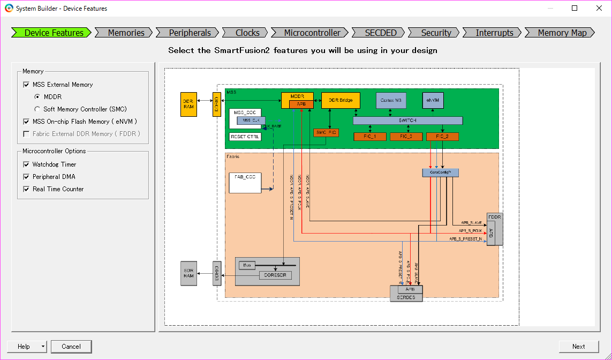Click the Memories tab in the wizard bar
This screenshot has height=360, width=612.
tap(126, 33)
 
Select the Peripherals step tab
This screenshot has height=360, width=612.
tap(190, 33)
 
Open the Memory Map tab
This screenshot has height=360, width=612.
tap(562, 33)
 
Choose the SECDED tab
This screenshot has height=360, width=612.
tap(381, 33)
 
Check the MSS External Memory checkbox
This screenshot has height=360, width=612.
tap(26, 85)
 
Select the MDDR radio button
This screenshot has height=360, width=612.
tap(37, 97)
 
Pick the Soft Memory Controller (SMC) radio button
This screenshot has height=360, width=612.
tap(37, 109)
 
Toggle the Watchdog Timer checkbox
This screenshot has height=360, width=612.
tap(26, 164)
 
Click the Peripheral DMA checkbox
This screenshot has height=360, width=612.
tap(26, 177)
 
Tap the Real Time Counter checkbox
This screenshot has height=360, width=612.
tap(26, 189)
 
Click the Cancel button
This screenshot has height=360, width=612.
tap(71, 347)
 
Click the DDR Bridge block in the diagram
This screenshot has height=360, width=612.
tap(341, 100)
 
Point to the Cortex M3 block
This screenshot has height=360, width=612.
tap(391, 100)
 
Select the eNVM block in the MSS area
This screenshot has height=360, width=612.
tap(433, 100)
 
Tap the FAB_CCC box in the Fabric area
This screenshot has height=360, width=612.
tap(245, 182)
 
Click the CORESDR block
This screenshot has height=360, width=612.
tap(275, 275)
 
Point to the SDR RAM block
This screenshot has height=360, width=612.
tap(188, 273)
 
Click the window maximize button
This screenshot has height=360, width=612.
tap(575, 8)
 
